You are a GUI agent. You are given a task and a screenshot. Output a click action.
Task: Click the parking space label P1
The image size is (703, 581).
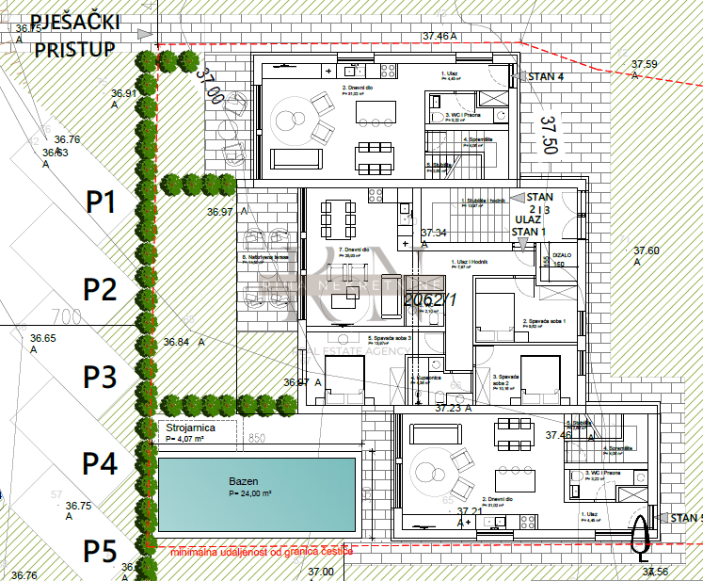coord(101,201)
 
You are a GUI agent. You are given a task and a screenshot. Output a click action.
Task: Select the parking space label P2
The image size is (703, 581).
coord(101,288)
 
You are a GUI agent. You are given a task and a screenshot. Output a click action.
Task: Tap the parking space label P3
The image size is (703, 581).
coord(101,377)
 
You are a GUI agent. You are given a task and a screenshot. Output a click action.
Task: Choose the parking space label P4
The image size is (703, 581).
coord(101,463)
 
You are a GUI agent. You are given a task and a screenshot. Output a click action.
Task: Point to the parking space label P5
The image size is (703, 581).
coord(101,550)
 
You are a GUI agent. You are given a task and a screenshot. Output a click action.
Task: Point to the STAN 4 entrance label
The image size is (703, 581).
coord(545,77)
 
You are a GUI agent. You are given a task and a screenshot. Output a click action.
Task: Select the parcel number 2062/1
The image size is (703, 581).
coord(429,299)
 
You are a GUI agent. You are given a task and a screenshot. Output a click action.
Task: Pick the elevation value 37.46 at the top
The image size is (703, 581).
coord(439,36)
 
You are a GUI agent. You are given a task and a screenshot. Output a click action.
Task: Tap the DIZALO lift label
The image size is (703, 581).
coord(562,254)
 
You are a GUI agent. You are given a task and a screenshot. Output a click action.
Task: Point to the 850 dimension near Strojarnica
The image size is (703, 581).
coord(256,437)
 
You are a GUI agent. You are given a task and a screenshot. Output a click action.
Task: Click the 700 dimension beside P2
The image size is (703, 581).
coord(67,315)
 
